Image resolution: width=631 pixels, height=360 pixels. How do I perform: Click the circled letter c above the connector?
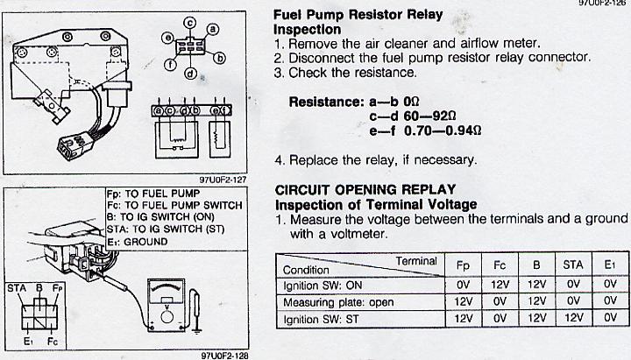click(190, 23)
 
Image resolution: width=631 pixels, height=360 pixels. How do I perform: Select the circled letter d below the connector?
click(190, 74)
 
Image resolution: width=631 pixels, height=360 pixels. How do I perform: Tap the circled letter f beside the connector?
click(170, 64)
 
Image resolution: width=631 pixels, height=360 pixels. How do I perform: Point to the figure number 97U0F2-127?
click(223, 180)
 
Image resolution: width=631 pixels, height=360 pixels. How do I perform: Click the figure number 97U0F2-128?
click(224, 356)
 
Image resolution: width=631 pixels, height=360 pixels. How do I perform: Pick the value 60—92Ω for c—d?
click(429, 116)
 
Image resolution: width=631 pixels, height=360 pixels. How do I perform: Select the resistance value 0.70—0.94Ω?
click(443, 131)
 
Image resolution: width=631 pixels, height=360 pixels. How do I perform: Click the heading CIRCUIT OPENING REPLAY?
click(365, 189)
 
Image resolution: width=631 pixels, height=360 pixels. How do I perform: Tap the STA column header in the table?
click(573, 265)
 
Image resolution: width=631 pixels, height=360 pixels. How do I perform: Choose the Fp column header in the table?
click(463, 265)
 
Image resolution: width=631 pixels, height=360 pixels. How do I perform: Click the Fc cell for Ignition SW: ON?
click(500, 285)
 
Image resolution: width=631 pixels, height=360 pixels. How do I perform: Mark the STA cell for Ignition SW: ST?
click(573, 319)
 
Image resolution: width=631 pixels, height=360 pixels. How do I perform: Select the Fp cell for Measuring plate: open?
click(463, 301)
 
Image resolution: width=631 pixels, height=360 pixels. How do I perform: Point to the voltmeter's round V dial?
click(167, 316)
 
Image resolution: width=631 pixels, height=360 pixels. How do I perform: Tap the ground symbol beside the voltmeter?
click(196, 330)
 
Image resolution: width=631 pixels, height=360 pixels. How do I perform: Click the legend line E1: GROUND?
click(138, 242)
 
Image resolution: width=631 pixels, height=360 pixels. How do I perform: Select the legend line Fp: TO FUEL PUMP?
click(153, 194)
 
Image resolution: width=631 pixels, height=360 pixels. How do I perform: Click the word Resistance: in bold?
click(326, 102)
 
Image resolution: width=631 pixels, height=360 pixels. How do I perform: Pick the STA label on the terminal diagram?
click(17, 288)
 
